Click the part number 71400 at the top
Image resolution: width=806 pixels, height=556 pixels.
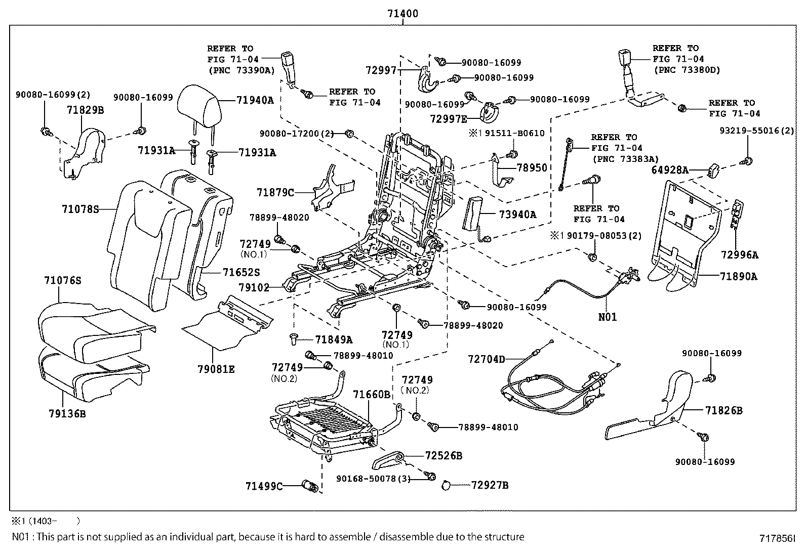coord(402,14)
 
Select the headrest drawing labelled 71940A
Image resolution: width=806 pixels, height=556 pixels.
coord(200,105)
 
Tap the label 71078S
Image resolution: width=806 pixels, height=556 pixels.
coord(80,208)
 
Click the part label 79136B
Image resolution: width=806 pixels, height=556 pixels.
coord(67,414)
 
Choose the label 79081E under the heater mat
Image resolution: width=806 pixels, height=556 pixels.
coord(216,369)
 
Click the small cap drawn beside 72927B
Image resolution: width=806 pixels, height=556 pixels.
coord(446,485)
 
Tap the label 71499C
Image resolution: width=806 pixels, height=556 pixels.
coord(264,486)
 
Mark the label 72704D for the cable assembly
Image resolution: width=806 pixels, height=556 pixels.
coord(487,359)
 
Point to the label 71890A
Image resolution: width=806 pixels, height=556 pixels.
coord(739,276)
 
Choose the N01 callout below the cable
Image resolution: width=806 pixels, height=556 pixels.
coord(608,317)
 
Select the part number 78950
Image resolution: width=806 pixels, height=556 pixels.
coord(532,167)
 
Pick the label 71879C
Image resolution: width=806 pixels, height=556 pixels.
coord(275,192)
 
